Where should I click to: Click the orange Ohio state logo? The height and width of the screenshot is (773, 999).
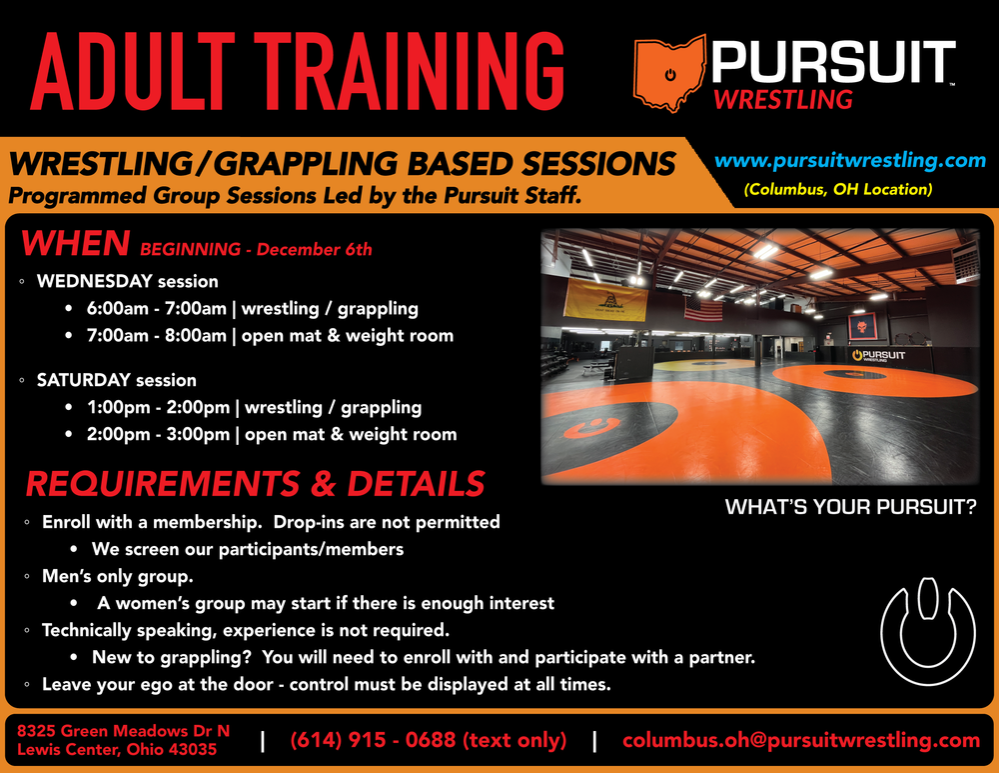click(x=669, y=73)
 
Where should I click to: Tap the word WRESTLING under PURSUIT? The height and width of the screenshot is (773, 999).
click(x=783, y=100)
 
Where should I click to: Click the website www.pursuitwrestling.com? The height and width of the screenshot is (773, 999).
click(x=850, y=160)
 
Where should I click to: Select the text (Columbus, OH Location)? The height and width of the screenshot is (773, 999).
click(x=838, y=189)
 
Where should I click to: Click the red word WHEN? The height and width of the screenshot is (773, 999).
click(x=76, y=244)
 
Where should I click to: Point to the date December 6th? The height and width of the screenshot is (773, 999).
click(x=314, y=249)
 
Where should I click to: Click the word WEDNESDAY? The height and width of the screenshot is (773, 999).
click(x=94, y=281)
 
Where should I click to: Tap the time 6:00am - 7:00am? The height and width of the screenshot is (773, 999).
click(x=157, y=309)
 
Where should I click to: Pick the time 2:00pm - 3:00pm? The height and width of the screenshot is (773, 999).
click(x=158, y=434)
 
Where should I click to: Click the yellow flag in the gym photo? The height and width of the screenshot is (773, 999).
click(x=605, y=298)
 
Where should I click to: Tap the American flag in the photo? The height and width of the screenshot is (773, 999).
click(x=703, y=309)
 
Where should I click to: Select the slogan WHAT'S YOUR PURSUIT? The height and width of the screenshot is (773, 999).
click(x=850, y=507)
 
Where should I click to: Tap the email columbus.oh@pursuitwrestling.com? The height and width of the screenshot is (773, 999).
click(x=801, y=740)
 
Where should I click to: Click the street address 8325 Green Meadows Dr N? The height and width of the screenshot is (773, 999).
click(x=123, y=731)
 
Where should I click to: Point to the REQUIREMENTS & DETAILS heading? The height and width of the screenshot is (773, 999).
click(x=256, y=483)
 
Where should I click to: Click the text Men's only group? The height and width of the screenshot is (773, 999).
click(x=117, y=577)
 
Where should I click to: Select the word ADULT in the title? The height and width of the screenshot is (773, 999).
click(x=133, y=71)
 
